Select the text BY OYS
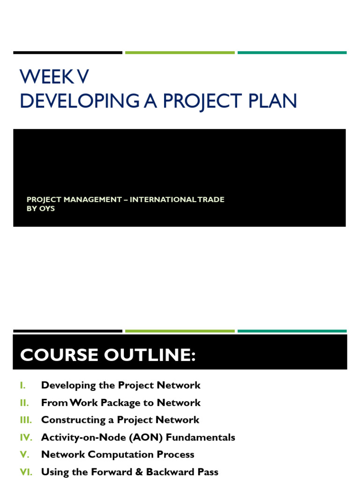click(x=41, y=209)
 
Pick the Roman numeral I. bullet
click(x=23, y=385)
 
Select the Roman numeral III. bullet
click(x=26, y=420)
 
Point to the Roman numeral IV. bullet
click(x=26, y=437)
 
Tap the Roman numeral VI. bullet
click(x=26, y=472)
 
